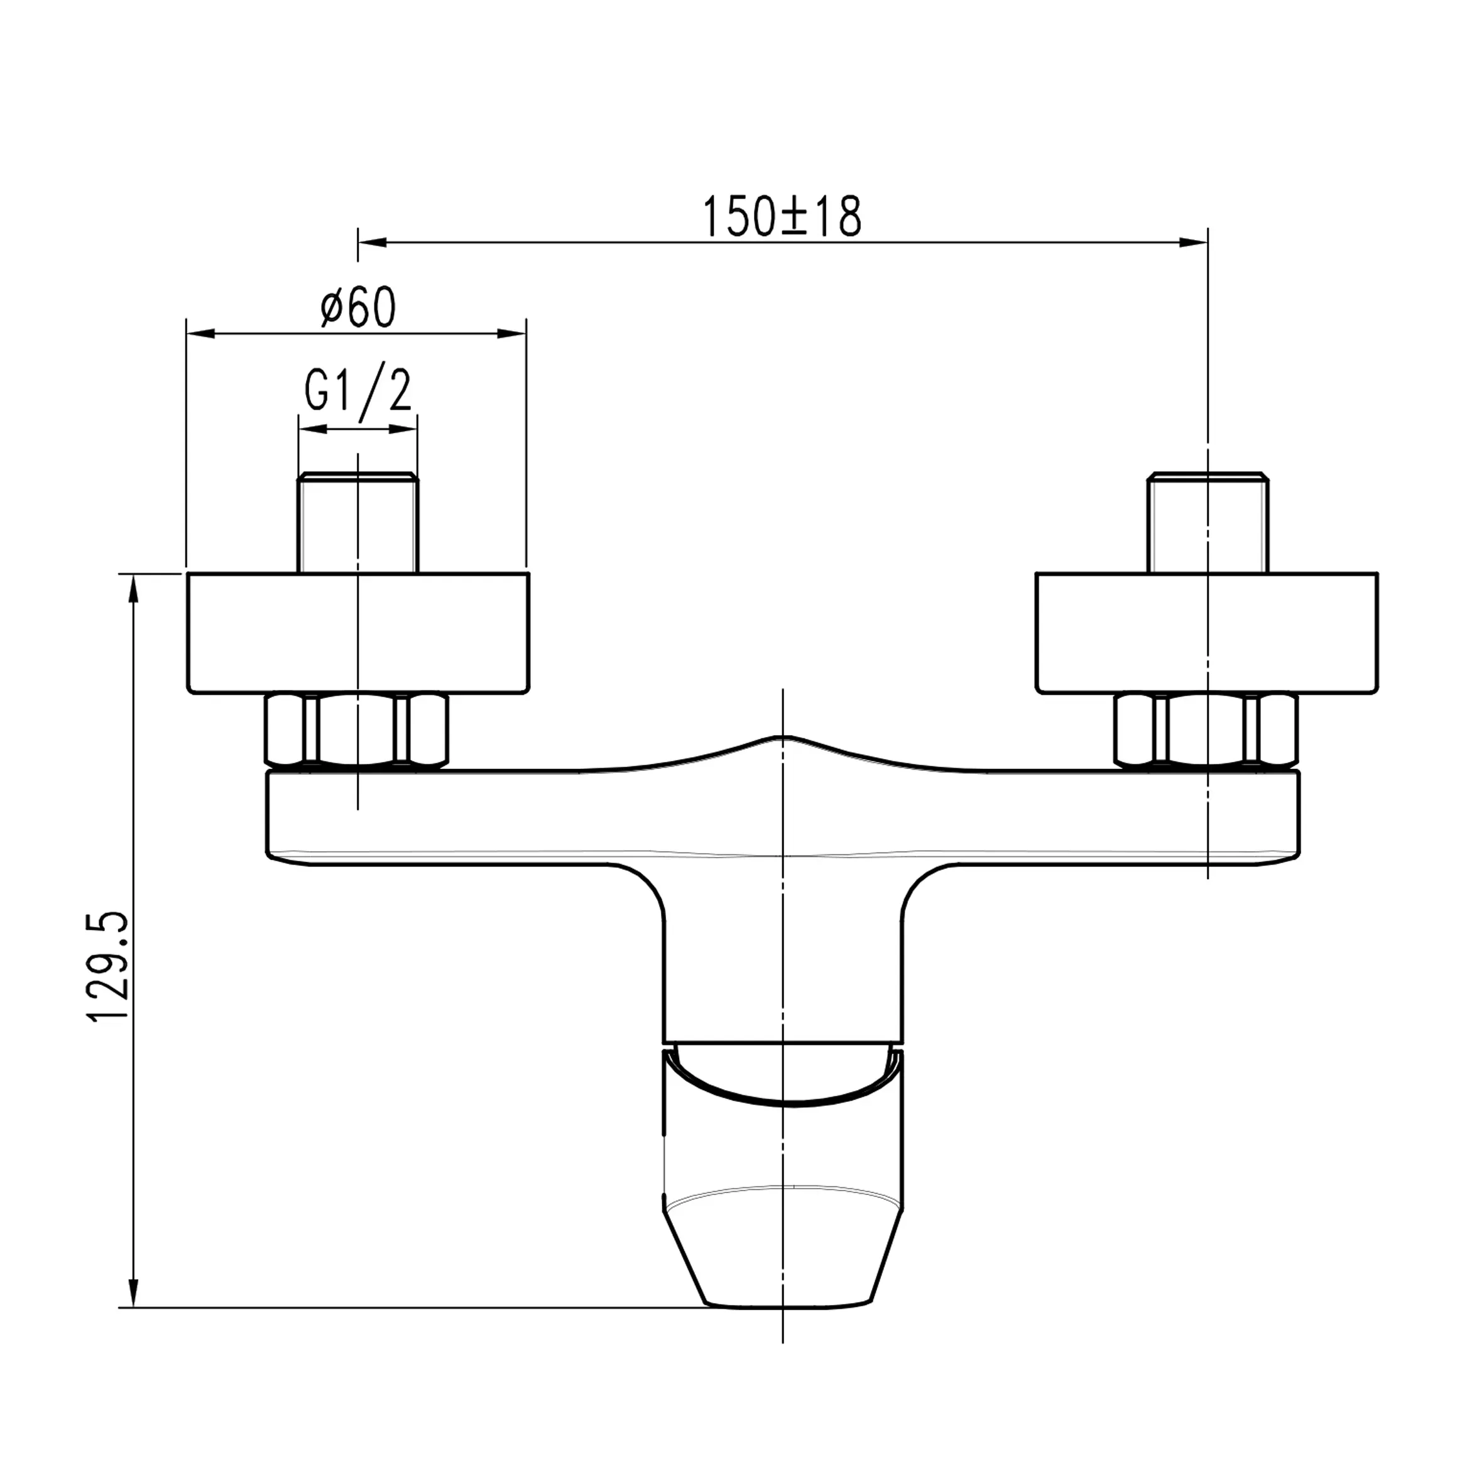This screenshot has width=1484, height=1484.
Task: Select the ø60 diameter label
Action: tap(358, 307)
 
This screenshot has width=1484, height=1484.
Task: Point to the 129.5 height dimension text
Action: tap(107, 966)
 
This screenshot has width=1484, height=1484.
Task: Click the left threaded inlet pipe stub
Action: tap(358, 522)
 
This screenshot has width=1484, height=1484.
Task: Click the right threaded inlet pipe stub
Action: tap(1208, 522)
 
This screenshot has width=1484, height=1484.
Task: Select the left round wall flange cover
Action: tap(358, 633)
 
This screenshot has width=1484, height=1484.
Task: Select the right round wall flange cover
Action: tap(1207, 633)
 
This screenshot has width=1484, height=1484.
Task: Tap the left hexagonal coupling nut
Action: tap(356, 731)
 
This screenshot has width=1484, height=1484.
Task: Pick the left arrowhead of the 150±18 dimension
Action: tap(372, 243)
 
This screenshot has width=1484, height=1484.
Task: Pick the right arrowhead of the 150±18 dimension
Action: tap(1194, 243)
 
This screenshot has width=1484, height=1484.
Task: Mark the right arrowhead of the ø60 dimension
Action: tap(512, 334)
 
